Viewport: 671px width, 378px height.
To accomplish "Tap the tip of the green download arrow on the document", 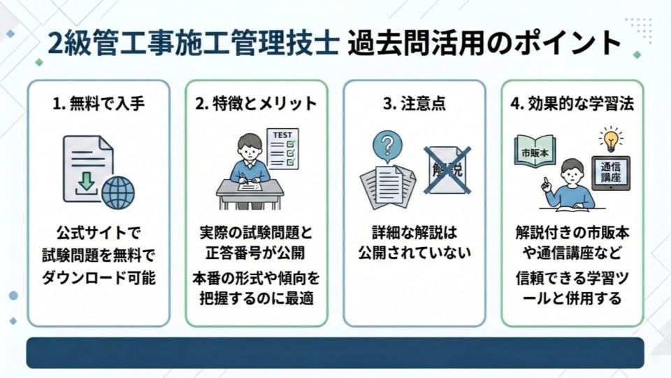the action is [87, 190].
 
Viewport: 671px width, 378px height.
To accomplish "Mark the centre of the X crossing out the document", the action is [447, 169].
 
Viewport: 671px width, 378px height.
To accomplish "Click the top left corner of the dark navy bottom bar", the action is [27, 337].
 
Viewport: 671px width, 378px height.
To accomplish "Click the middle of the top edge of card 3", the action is [414, 80].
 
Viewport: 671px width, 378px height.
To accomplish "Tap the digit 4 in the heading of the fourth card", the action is [515, 104].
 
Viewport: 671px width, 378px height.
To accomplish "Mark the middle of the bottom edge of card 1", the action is [99, 327].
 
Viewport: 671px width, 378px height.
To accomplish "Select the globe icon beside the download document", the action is [118, 192].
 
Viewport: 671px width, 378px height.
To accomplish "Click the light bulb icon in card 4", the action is [611, 139].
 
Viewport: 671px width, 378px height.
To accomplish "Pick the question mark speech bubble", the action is [387, 146].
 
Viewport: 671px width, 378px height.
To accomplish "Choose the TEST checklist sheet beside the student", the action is [282, 148].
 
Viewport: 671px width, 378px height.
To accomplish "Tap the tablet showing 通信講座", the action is [611, 173].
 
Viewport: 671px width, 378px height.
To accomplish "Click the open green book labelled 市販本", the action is [535, 151].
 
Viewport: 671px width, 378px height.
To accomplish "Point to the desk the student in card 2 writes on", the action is [250, 194].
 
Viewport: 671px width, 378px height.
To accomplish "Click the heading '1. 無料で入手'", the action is [99, 104].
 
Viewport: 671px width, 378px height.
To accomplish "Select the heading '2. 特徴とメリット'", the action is [256, 104].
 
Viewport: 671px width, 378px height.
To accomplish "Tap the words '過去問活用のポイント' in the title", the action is [484, 43].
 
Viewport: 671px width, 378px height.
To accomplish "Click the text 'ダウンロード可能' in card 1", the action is [99, 278].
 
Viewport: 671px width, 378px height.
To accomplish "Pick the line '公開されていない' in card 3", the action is [414, 253].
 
